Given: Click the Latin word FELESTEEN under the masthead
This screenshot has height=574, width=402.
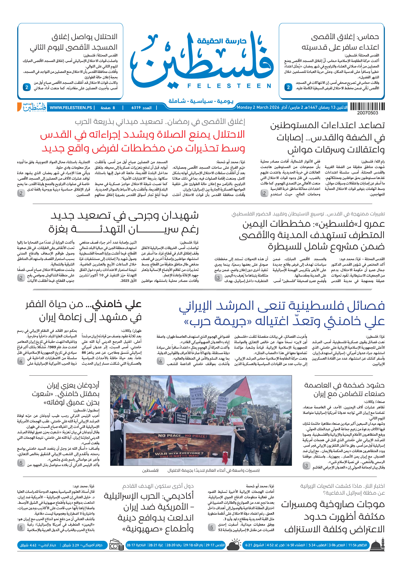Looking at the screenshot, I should click(229, 86).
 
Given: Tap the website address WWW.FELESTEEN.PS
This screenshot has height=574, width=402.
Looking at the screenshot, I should click(71, 108).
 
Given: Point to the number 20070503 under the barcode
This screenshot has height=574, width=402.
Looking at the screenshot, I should click(368, 113).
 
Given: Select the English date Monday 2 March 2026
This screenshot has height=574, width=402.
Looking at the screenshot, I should click(258, 108).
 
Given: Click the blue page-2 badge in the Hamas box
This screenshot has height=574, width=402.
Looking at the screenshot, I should click(288, 87).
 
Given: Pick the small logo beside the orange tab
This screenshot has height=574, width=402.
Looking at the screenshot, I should click(34, 107).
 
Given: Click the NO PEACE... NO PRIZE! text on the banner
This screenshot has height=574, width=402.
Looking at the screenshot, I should click(183, 436).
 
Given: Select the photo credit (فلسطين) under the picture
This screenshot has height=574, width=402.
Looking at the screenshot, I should click(150, 471).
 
